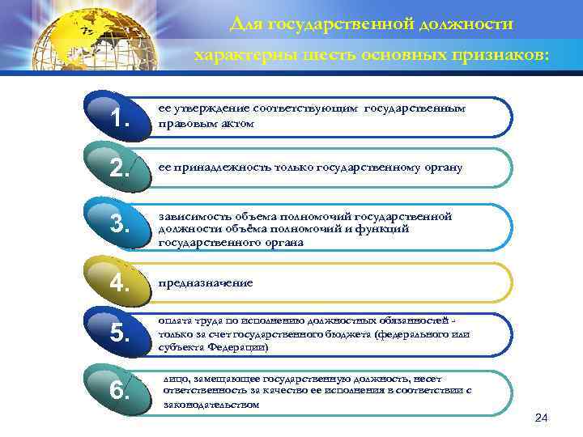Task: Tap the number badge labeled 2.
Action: tap(119, 168)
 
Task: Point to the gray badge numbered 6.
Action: tap(119, 390)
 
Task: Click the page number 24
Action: tap(542, 417)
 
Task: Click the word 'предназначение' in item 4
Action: tap(205, 283)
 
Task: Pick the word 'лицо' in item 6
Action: tap(174, 378)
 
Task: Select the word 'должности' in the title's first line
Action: tap(463, 24)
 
